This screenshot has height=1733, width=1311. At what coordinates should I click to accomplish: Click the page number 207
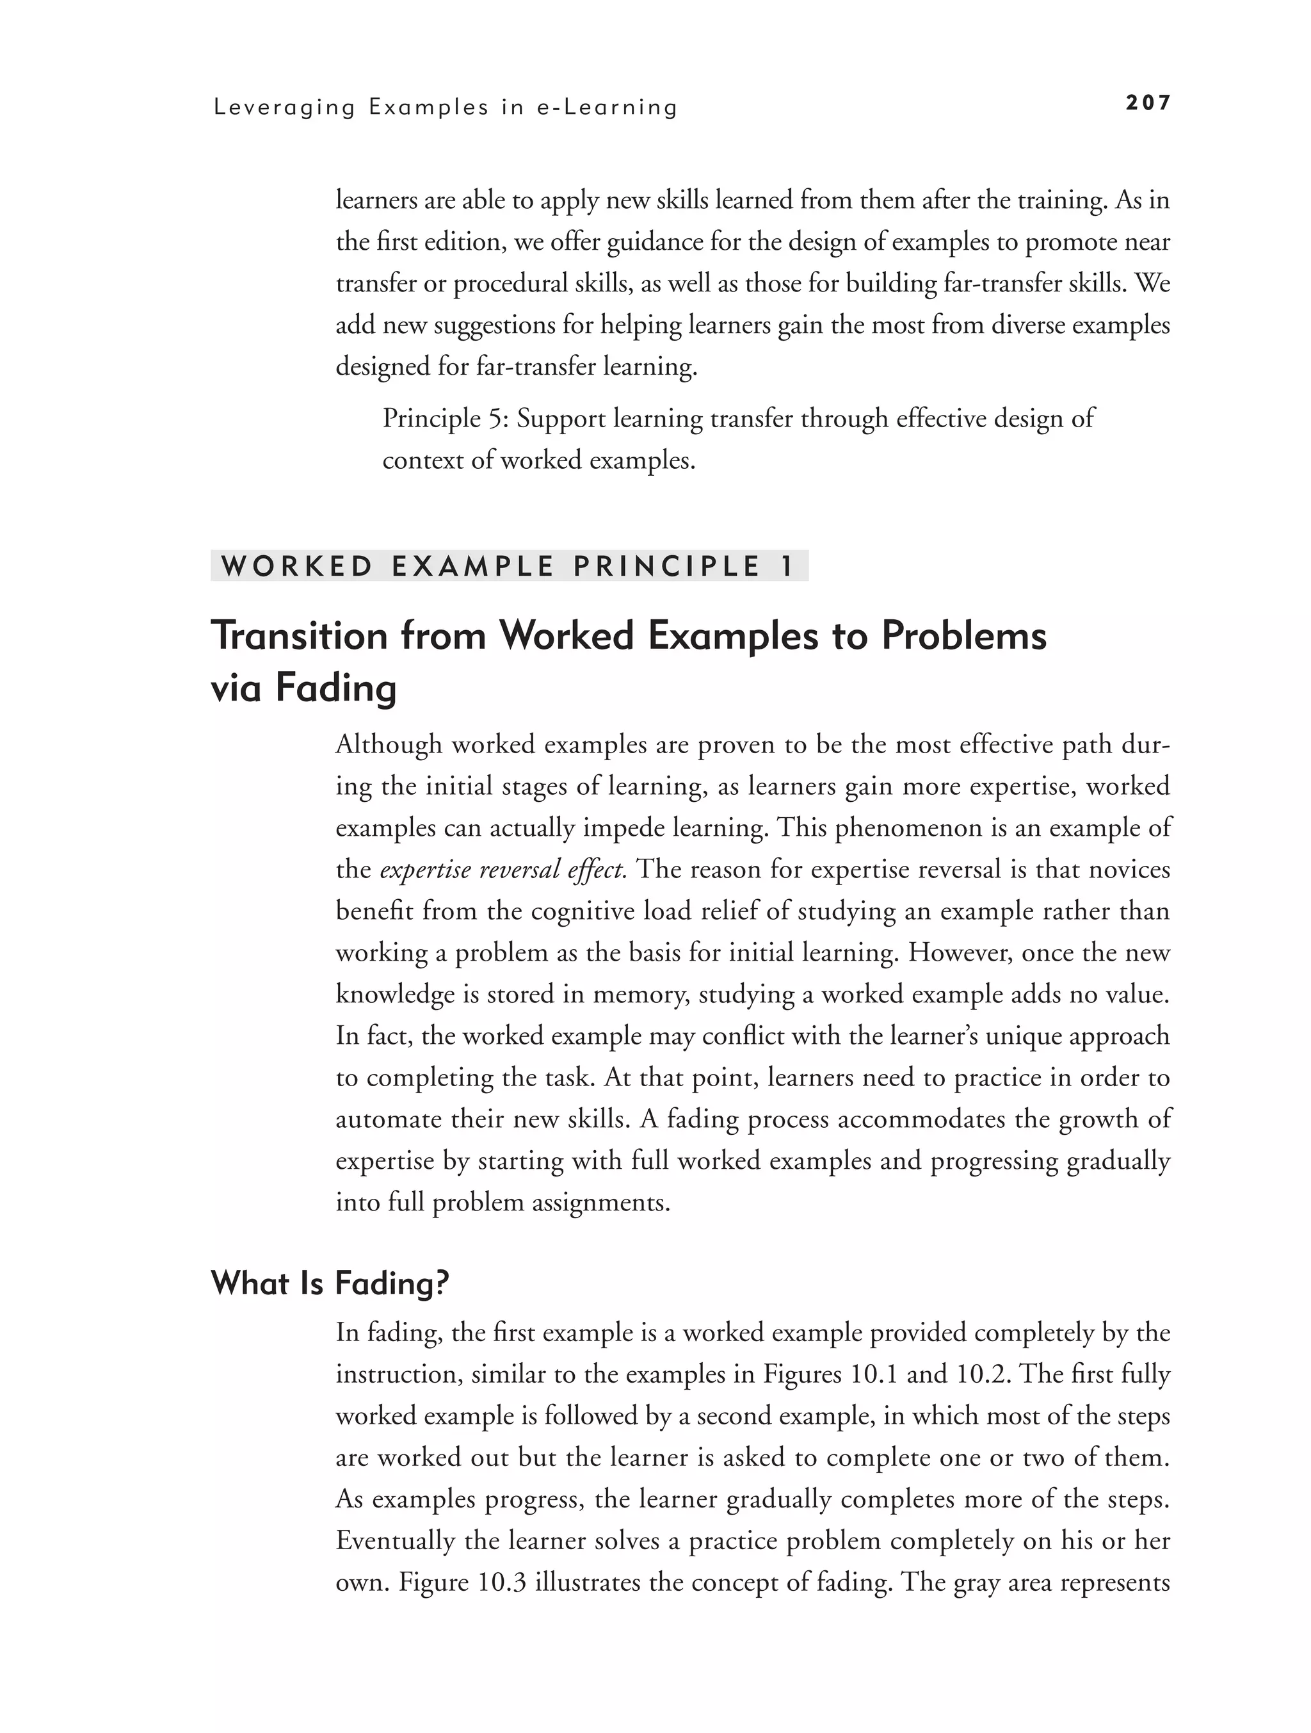(1147, 102)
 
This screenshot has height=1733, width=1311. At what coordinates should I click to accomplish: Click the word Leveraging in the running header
(284, 108)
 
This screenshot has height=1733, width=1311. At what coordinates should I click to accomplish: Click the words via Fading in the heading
(304, 688)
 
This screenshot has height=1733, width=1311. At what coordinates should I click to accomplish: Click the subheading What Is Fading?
(330, 1284)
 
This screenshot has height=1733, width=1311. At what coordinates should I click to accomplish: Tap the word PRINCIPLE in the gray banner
(666, 566)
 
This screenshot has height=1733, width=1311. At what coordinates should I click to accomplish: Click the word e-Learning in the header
(607, 108)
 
